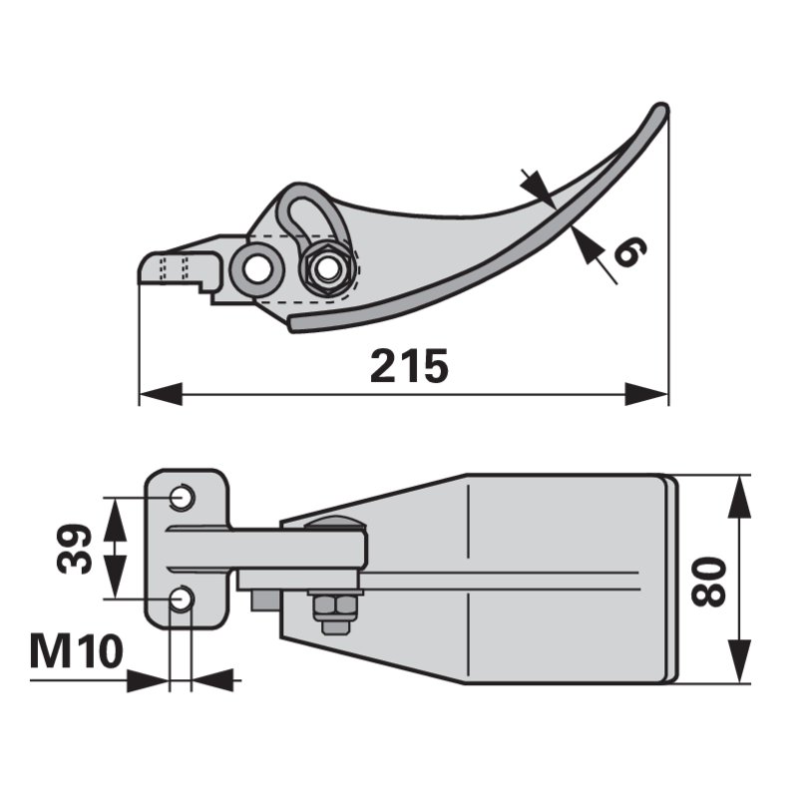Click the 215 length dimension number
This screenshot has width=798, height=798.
(x=409, y=366)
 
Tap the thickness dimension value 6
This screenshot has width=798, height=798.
(x=630, y=251)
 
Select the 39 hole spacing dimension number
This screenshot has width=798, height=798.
(x=75, y=550)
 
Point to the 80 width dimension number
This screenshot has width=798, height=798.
(x=709, y=582)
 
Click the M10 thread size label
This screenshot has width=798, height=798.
(x=77, y=651)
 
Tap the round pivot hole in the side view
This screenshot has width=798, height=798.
(x=256, y=268)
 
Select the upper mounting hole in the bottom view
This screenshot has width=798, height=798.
(x=182, y=497)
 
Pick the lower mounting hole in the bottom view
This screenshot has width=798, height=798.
(x=182, y=598)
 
